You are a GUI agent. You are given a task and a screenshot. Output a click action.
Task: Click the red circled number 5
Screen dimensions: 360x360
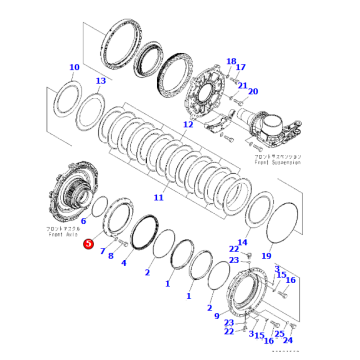coord(87,243)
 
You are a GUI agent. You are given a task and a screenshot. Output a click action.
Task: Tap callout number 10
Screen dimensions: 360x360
coord(73,68)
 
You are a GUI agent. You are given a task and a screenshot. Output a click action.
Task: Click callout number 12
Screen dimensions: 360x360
coord(187,125)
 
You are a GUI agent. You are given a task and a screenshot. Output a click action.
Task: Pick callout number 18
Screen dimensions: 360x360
coord(231,62)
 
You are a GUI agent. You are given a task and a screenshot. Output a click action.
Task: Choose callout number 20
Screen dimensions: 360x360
coord(252,91)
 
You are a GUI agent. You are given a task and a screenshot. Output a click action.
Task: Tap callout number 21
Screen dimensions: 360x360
coord(241,85)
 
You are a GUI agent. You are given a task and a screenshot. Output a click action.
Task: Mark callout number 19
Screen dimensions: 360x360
coord(266,256)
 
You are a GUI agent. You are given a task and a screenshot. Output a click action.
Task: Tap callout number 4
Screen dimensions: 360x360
coord(123,264)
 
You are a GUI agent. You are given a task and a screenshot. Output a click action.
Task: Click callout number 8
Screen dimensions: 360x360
coord(111,256)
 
